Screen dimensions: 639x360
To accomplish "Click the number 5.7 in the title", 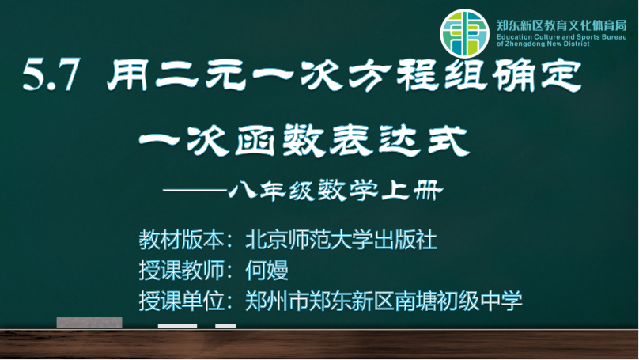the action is coord(51,74).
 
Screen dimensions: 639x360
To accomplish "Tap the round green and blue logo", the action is coord(464,33).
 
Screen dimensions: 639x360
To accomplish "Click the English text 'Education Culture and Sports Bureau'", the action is coord(561,36).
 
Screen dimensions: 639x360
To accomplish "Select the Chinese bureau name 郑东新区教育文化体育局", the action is coord(561,25).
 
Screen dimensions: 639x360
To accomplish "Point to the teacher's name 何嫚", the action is coord(267,270).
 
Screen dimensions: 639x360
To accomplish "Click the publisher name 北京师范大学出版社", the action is coord(341,239).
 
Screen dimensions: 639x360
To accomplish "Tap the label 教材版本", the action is coord(181,239).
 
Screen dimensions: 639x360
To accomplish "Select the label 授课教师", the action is coord(181,270).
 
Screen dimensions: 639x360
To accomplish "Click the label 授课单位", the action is coord(181,301).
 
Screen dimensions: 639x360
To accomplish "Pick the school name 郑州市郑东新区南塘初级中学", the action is coord(384,301).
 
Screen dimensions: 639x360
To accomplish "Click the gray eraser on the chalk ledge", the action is coord(89,323).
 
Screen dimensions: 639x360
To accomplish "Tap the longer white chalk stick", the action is coord(177,326).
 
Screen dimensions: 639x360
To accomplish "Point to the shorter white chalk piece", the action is coord(225,326).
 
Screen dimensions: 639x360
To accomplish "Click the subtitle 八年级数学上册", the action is coord(336,191).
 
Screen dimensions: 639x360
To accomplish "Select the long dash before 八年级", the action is coord(195,190).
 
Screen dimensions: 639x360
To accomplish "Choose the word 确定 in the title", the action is coord(537,75).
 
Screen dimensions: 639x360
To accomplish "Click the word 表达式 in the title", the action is coord(400,141).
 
